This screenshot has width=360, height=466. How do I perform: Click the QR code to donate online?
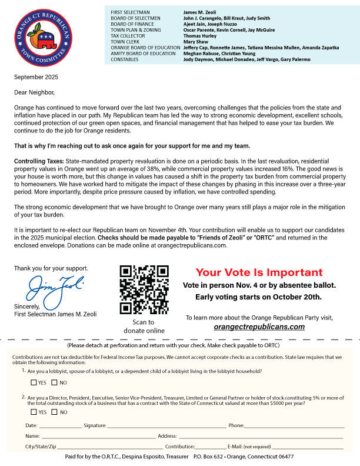click(144, 289)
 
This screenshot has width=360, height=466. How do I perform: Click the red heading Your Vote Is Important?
click(259, 272)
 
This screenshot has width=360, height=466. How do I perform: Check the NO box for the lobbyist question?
click(55, 383)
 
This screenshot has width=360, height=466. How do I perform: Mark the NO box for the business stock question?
click(55, 412)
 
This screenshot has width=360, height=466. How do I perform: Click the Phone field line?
click(294, 425)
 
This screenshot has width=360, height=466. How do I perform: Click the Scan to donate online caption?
click(144, 327)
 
